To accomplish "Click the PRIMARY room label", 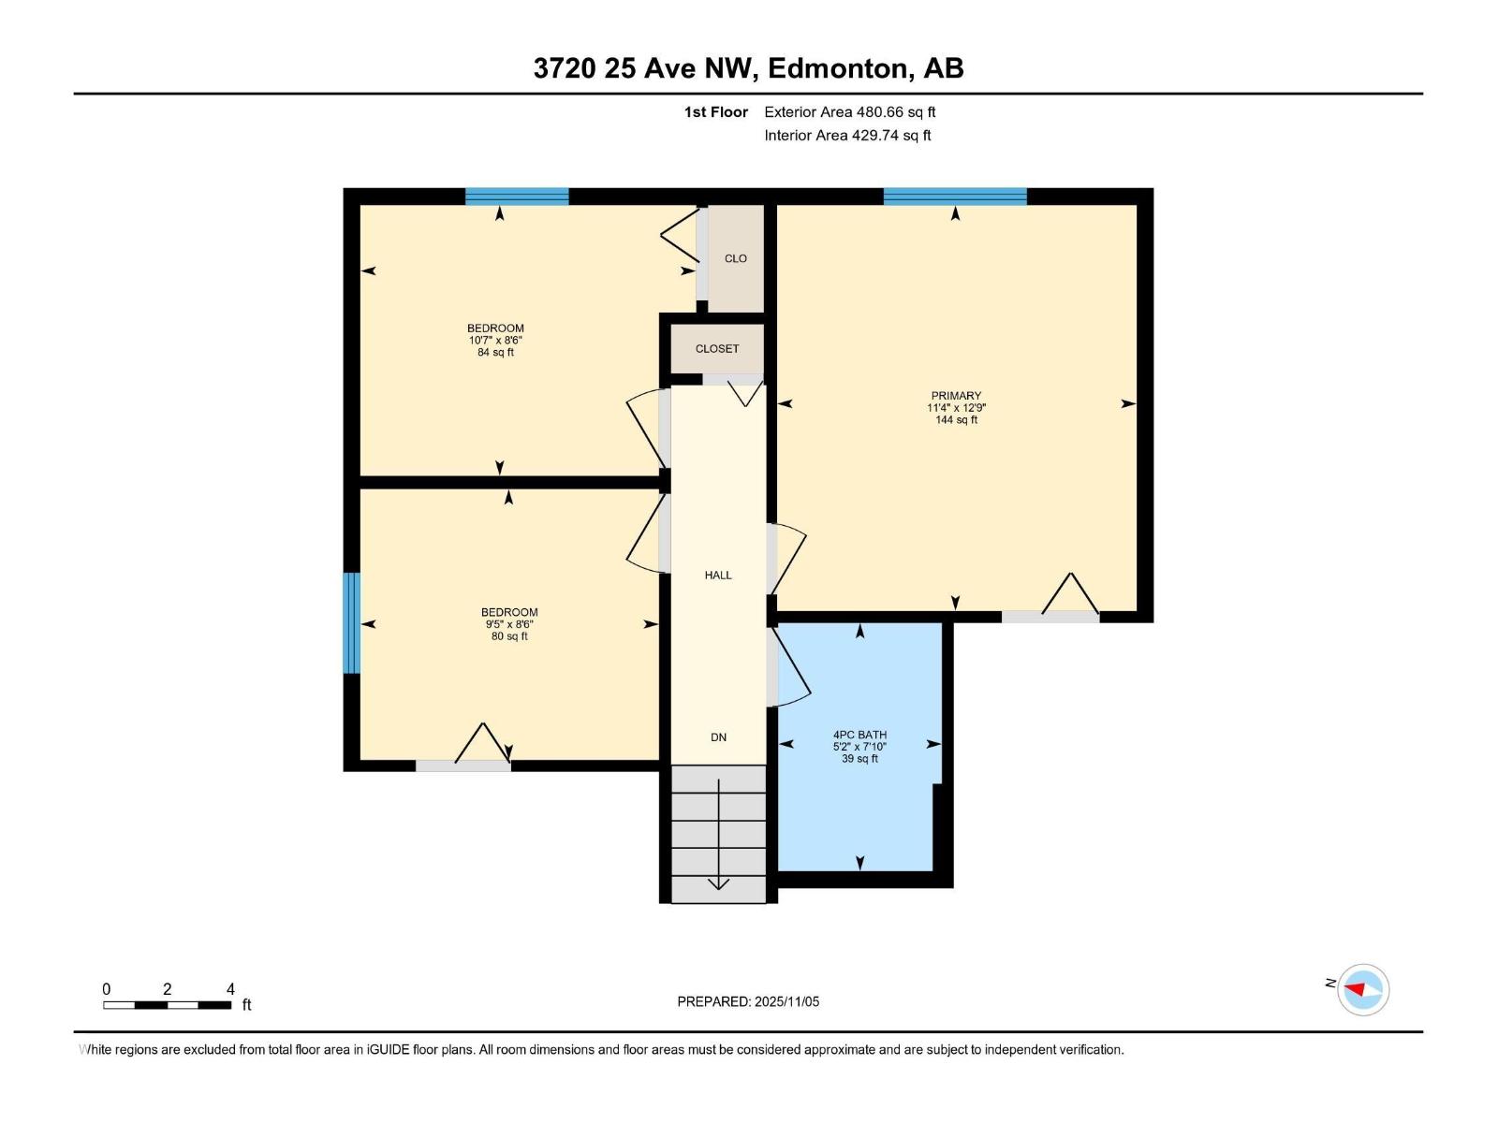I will pyautogui.click(x=956, y=396).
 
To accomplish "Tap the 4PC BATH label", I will pyautogui.click(x=859, y=735).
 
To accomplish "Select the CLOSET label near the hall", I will pyautogui.click(x=717, y=348).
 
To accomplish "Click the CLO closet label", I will pyautogui.click(x=735, y=258).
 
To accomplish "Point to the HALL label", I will pyautogui.click(x=718, y=575).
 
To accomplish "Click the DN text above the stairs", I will pyautogui.click(x=718, y=737).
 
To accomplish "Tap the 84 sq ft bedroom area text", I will pyautogui.click(x=495, y=353).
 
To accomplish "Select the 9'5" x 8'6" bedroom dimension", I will pyautogui.click(x=509, y=624).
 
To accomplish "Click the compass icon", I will pyautogui.click(x=1362, y=989).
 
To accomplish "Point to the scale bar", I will pyautogui.click(x=168, y=1005).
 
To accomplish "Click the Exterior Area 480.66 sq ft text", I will pyautogui.click(x=849, y=112).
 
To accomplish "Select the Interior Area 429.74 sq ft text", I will pyautogui.click(x=847, y=135).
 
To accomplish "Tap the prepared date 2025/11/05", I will pyautogui.click(x=786, y=1001).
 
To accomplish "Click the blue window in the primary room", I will pyautogui.click(x=955, y=197).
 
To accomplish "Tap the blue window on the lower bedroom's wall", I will pyautogui.click(x=351, y=622).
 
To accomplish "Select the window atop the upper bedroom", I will pyautogui.click(x=517, y=197).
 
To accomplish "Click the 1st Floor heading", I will pyautogui.click(x=715, y=112).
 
